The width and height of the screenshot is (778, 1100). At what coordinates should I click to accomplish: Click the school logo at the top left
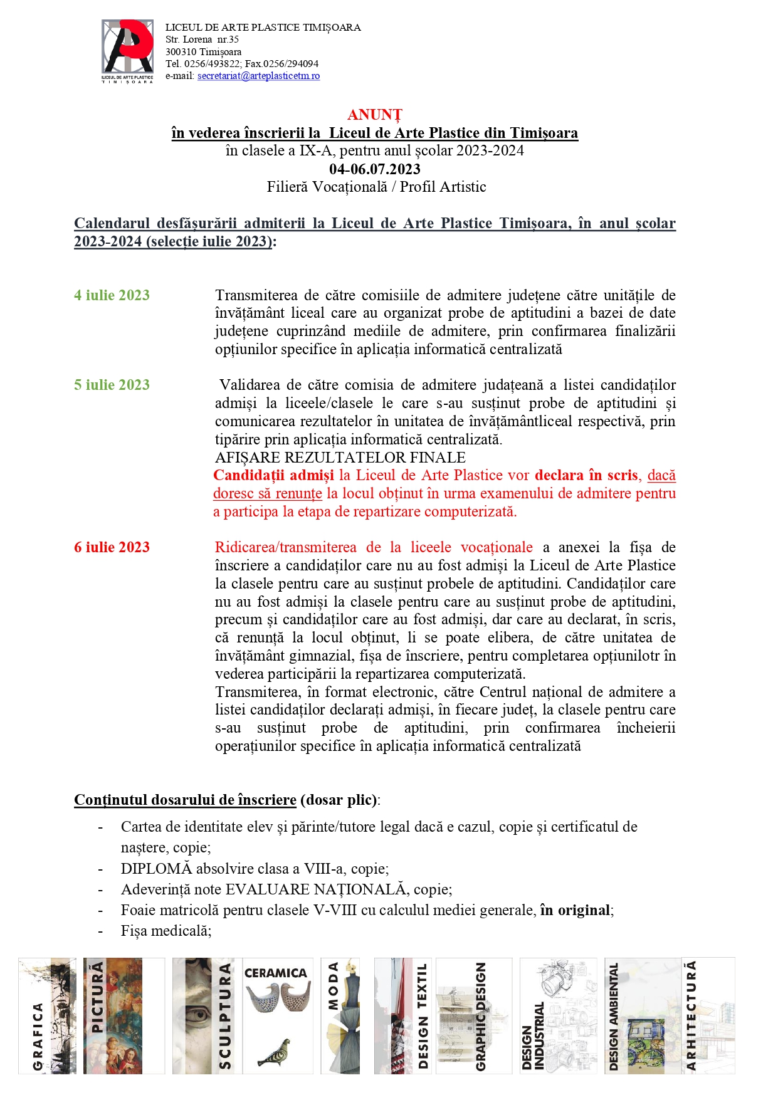(x=127, y=51)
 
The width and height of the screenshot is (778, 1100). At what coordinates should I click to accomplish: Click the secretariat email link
(x=258, y=76)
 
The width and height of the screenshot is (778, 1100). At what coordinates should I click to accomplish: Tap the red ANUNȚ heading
(x=375, y=115)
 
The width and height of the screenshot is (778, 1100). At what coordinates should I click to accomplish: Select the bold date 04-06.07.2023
(x=375, y=169)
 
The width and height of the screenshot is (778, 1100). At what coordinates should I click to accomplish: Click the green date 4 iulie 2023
(x=112, y=295)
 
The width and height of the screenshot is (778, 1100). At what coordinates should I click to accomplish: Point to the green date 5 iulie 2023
(x=112, y=385)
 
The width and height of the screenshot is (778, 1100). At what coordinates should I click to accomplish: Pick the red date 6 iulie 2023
(x=112, y=547)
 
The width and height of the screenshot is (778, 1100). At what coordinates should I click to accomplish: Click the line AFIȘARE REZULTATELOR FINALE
(x=340, y=458)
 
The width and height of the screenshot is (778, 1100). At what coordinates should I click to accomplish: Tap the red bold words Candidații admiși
(x=273, y=475)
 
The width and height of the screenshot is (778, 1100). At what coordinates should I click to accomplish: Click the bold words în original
(x=575, y=910)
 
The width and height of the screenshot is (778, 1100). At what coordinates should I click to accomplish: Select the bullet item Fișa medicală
(x=166, y=931)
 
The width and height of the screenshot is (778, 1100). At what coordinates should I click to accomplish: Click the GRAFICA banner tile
(x=47, y=1015)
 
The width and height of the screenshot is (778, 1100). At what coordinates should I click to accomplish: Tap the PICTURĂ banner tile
(x=113, y=1015)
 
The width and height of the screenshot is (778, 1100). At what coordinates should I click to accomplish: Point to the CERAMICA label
(x=275, y=973)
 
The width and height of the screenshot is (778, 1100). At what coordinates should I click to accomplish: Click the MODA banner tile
(x=340, y=1015)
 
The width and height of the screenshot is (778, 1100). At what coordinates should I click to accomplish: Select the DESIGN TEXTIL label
(x=423, y=1015)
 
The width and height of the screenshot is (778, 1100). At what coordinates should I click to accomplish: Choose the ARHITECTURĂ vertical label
(x=690, y=1015)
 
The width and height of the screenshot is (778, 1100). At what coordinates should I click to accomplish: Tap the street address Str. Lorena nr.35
(x=202, y=39)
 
